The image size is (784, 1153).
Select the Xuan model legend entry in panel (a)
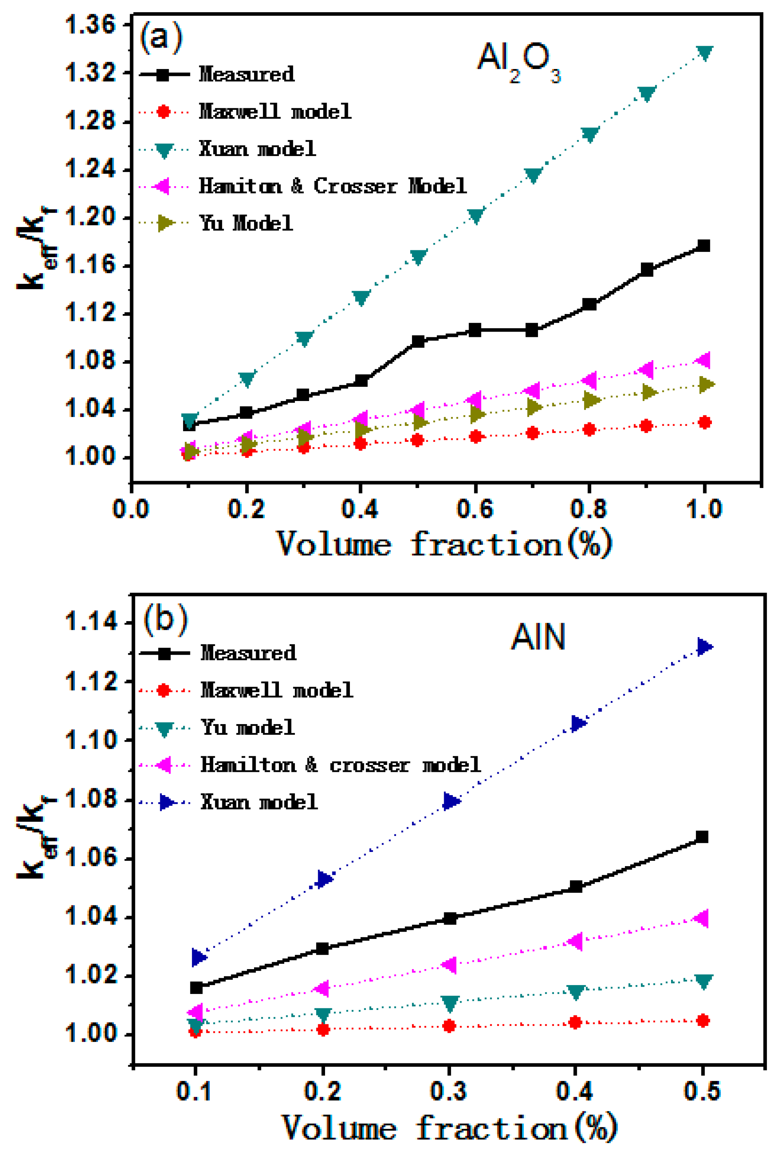coord(257,149)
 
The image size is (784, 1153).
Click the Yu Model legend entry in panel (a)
coord(246,223)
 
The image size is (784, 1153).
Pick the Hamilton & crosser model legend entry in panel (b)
coord(340,765)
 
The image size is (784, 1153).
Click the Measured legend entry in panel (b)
coord(248,653)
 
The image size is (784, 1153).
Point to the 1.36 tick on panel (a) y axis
coord(90,25)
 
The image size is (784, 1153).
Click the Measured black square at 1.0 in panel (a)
coord(704,246)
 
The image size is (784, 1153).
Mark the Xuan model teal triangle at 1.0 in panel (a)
coord(705,52)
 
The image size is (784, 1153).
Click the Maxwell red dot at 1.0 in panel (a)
coord(705,422)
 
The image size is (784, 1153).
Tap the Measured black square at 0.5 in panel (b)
coord(702,837)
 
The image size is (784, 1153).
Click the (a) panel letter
coord(161,37)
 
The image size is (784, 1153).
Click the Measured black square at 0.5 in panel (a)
coord(418,341)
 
